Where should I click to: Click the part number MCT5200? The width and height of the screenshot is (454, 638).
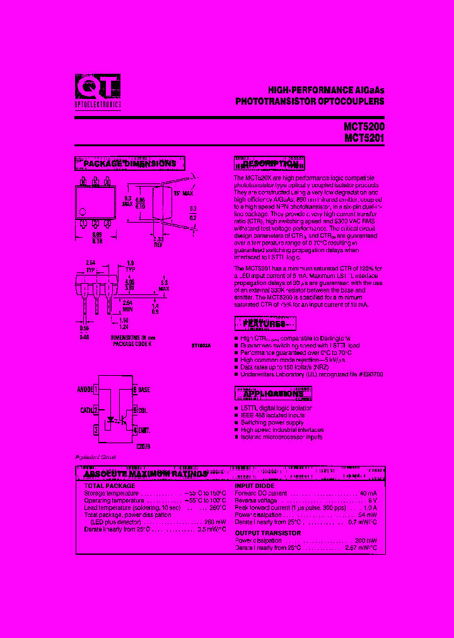364,127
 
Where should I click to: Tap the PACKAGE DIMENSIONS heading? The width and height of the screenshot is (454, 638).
130,164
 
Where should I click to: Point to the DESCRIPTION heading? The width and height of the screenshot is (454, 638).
270,164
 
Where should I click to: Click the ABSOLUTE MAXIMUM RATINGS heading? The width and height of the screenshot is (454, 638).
146,473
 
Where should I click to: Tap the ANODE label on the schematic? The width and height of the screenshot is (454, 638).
84,390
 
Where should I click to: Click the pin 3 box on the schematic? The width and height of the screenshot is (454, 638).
96,429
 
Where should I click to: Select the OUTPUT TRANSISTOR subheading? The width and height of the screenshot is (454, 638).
268,533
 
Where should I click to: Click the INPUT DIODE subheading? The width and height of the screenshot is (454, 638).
256,486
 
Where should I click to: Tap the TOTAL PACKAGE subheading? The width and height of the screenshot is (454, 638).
110,486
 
